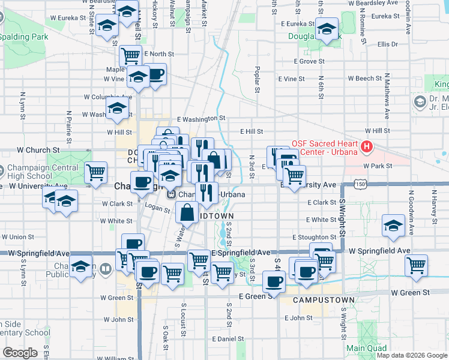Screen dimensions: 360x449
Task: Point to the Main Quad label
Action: click(364, 348)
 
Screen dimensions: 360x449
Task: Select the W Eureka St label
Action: click(68, 18)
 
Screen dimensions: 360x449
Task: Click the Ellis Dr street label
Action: click(388, 44)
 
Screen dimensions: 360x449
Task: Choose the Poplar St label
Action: click(257, 79)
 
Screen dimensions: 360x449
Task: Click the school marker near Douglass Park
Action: click(327, 29)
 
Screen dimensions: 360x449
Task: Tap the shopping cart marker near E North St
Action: click(130, 56)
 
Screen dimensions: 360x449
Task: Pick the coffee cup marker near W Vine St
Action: click(155, 74)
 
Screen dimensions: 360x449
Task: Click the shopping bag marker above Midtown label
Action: click(187, 212)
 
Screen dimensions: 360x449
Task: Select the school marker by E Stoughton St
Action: click(393, 225)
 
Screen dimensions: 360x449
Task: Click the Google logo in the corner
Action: click(20, 353)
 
